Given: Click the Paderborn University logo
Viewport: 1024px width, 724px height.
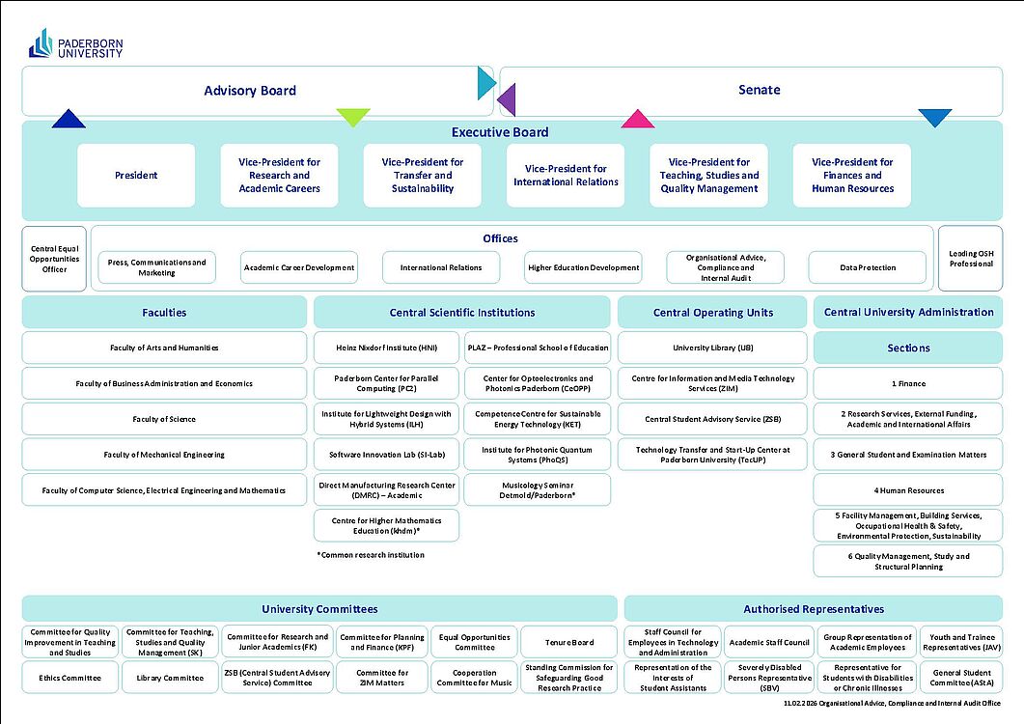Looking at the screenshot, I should pos(75,43).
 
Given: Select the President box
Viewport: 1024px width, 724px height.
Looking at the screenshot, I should pos(136,176).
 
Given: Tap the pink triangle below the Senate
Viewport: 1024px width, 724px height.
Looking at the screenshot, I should pos(637,120).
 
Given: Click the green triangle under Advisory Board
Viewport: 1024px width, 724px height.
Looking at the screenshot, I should pos(353,116).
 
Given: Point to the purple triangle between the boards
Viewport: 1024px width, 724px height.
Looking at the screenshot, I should pos(507,99).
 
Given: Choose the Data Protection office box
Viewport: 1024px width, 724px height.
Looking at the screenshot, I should pos(868,267).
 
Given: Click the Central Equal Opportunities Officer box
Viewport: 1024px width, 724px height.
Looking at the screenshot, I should pos(55,258).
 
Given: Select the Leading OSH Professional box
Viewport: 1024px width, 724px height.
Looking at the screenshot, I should pos(970,258).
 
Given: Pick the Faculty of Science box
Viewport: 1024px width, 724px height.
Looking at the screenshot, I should pos(164,419).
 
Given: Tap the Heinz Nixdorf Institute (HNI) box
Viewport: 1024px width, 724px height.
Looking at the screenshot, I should pos(386,348).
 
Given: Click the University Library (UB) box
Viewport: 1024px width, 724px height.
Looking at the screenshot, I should pos(712,348).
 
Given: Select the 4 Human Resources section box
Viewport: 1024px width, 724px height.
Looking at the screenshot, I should pos(908,490).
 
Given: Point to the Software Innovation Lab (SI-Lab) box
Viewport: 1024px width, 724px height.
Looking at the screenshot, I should pos(386,455).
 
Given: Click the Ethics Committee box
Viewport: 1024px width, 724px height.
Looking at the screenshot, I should pos(70,678).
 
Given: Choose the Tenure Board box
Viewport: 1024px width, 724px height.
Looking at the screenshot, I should pos(569,643).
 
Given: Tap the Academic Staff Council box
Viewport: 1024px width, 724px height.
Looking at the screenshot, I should pos(768,643).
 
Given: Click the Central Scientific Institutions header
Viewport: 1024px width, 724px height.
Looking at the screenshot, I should pos(462,313).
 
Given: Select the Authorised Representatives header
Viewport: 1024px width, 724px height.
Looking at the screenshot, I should pos(813,609).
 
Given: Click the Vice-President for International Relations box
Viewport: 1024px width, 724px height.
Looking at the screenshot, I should pos(566,176).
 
